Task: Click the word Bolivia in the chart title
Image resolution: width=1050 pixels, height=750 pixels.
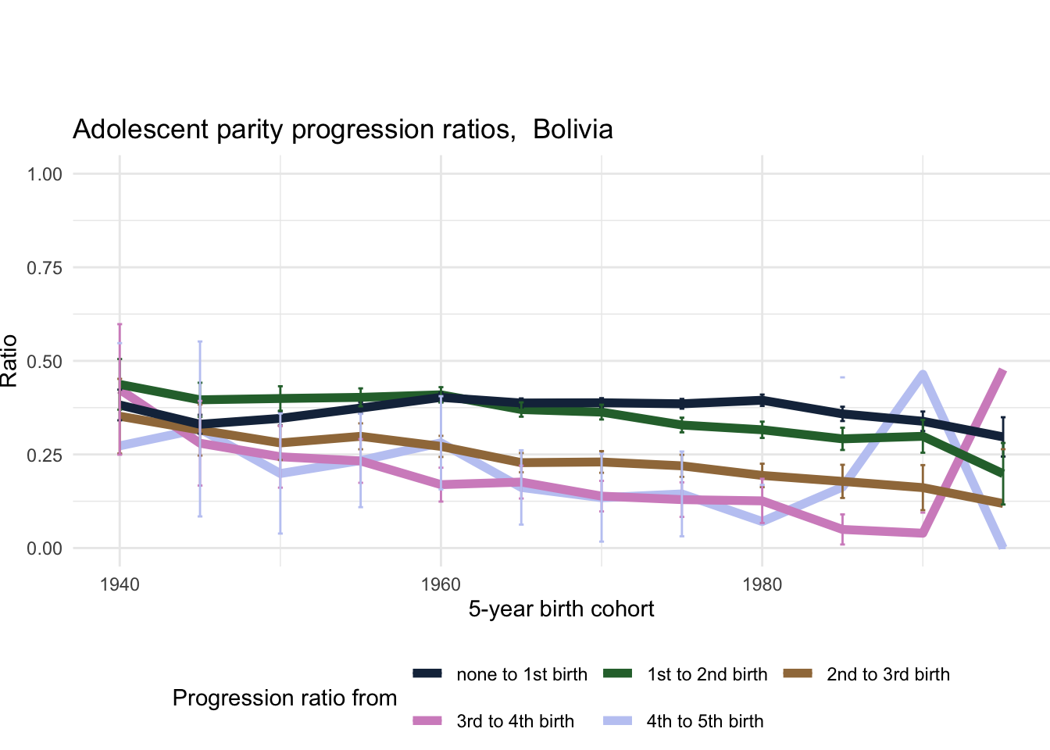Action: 573,129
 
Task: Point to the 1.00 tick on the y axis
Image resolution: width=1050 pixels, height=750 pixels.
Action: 45,173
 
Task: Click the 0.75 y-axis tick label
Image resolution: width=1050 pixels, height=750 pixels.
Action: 45,267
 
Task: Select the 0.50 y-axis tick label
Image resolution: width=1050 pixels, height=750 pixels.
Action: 45,361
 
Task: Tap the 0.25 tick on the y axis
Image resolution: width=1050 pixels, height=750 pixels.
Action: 45,455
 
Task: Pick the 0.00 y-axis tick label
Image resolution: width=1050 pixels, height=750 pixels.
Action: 45,548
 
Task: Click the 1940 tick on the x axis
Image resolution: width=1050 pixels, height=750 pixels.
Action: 120,584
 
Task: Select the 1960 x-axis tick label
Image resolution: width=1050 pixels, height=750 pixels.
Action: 441,584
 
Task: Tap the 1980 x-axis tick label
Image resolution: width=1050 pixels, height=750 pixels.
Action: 762,584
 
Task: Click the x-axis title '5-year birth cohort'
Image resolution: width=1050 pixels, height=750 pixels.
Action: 561,609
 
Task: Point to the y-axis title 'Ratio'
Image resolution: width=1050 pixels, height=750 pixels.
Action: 9,361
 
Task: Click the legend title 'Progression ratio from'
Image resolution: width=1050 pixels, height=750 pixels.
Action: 284,698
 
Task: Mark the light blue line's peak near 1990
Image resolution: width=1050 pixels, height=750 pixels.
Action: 923,374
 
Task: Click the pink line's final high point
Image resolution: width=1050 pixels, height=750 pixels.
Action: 1002,371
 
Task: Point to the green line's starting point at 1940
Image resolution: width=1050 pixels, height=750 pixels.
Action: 120,384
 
